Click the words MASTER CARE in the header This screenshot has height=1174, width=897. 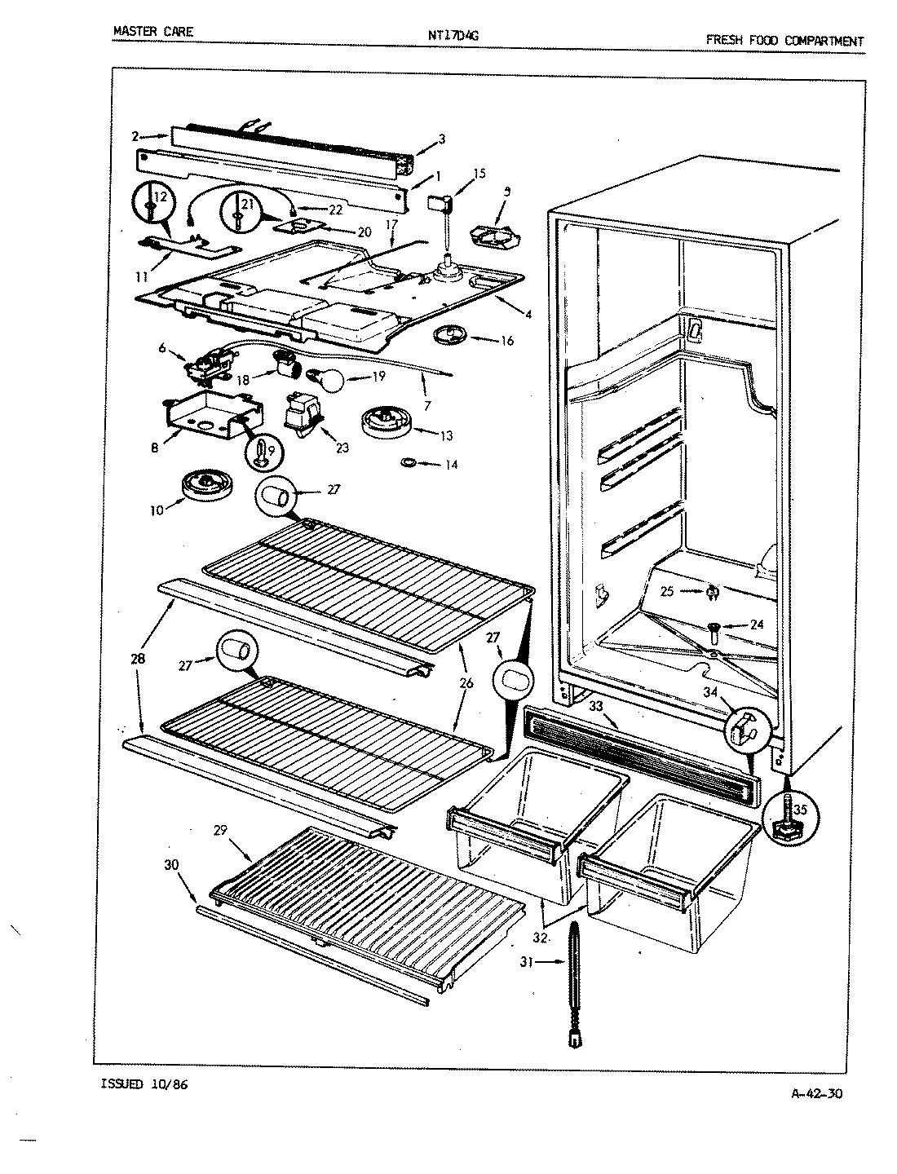tap(153, 33)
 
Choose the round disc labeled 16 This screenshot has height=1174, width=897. tap(449, 333)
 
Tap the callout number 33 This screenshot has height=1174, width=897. tap(597, 705)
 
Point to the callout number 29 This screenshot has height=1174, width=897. tap(219, 831)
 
